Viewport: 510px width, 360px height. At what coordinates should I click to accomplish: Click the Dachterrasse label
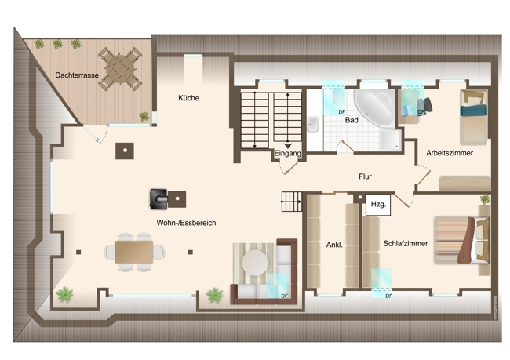pos(77,75)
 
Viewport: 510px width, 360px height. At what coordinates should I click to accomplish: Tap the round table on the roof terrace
pos(120,69)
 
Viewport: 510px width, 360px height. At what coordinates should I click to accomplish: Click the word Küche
pos(188,98)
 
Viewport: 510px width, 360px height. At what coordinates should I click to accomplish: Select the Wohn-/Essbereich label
pos(186,223)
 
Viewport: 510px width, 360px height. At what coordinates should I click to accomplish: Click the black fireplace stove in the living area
pos(158,198)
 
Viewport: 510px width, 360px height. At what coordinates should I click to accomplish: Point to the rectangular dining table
pos(134,252)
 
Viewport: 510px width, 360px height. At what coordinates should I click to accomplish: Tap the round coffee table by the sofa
pos(255,263)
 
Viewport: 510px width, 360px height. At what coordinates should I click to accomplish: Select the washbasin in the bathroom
pos(313,124)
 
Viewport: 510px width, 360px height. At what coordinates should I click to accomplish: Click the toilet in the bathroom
pos(338,96)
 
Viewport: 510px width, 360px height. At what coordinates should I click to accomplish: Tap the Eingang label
pos(287,153)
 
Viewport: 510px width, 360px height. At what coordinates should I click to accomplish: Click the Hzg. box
pos(378,205)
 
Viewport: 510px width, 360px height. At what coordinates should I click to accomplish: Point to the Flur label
pos(365,176)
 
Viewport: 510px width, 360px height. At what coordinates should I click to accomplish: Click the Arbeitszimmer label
pos(450,153)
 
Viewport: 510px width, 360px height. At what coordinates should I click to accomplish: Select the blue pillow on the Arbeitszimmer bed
pos(474,110)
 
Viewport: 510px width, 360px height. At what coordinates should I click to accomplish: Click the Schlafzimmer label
pos(406,244)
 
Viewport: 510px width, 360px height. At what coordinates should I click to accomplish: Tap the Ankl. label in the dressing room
pos(334,245)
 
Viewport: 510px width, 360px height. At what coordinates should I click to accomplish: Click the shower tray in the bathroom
pos(391,140)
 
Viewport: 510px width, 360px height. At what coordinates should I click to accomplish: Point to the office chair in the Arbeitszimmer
pos(425,105)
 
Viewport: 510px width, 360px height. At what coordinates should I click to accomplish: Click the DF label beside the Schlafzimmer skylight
pos(388,296)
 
